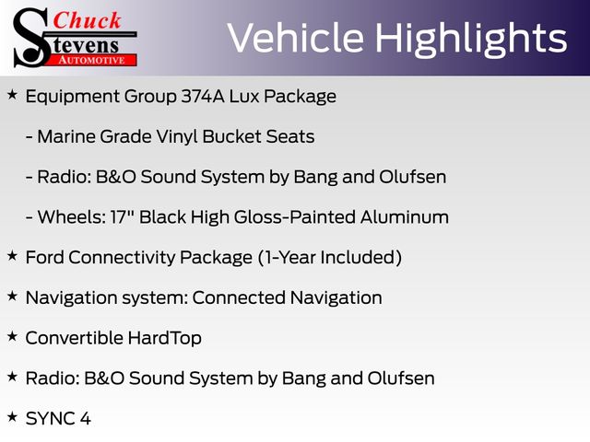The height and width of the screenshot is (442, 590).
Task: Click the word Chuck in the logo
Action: [87, 20]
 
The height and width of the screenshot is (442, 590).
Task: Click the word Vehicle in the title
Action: [296, 38]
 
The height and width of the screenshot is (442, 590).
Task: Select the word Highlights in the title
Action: [471, 39]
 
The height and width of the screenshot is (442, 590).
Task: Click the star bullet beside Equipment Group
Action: [12, 95]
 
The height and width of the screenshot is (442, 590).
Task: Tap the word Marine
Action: [66, 136]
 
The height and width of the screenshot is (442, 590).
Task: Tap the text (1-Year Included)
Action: [330, 258]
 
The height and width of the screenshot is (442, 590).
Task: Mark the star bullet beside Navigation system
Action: [12, 297]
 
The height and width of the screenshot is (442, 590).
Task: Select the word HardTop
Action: [165, 338]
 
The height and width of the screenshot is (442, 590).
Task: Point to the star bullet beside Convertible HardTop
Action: [12, 336]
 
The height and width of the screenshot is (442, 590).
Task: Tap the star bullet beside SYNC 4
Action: [12, 417]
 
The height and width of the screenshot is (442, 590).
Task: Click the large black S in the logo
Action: [31, 38]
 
